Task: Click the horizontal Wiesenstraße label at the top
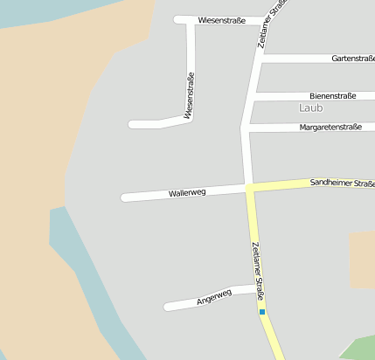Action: (x=221, y=19)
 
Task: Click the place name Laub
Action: (x=310, y=108)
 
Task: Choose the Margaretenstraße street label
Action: (x=330, y=127)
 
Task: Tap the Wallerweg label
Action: (x=187, y=192)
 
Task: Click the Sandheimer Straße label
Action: (x=342, y=183)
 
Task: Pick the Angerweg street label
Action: (x=213, y=297)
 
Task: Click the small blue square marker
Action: (x=261, y=312)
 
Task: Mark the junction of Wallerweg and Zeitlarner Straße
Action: (x=248, y=187)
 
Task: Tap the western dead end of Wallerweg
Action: (x=125, y=197)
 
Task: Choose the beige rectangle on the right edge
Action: (x=362, y=260)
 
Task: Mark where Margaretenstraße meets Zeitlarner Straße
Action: (x=244, y=128)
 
